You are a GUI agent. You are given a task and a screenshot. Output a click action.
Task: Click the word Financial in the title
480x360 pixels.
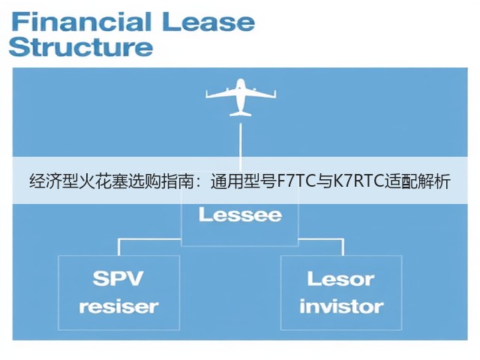(82, 22)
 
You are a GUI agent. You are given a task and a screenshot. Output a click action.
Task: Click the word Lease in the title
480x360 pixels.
(208, 22)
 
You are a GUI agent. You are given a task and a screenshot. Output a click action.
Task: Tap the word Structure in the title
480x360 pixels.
(81, 46)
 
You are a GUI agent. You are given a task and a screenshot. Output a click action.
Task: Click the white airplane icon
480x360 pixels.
(241, 97)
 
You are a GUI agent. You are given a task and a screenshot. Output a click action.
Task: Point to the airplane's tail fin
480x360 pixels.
(241, 113)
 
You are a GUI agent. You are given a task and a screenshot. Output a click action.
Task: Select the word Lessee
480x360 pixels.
(240, 214)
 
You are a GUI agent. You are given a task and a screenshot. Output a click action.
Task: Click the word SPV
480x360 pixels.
(118, 278)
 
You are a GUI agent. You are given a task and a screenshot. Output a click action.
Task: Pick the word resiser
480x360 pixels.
(118, 307)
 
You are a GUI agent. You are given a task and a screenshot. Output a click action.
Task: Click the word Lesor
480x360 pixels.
(340, 279)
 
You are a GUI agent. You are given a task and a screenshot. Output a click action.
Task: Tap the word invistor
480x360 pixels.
(341, 306)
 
